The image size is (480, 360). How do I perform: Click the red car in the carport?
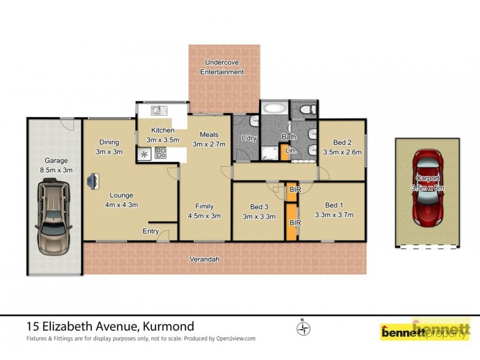[427, 187]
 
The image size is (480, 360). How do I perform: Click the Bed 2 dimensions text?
[342, 152]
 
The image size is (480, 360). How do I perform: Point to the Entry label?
[151, 231]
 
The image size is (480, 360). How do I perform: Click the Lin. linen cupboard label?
[290, 151]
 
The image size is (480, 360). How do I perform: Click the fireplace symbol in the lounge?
[94, 181]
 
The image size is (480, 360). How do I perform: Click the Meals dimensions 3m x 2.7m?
[209, 144]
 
